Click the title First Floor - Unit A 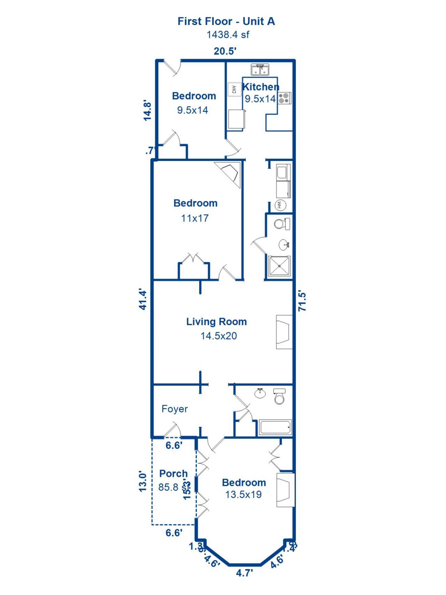(x=226, y=21)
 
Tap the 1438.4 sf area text (x=228, y=35)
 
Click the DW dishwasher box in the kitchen (x=234, y=90)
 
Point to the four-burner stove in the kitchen (x=285, y=98)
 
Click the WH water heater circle (x=280, y=205)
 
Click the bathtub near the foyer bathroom (x=275, y=427)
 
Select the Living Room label (x=216, y=322)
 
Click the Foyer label (x=175, y=409)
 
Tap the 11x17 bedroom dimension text (x=195, y=219)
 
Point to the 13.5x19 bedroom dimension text (x=243, y=495)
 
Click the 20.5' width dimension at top (x=225, y=51)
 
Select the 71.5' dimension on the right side (x=302, y=302)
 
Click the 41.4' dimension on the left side (x=143, y=299)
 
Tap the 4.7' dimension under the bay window (x=244, y=573)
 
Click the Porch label (x=174, y=474)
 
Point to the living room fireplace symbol (x=284, y=332)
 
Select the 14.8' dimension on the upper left (x=148, y=110)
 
